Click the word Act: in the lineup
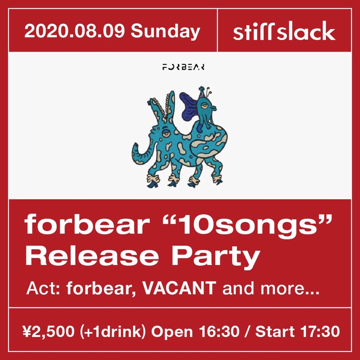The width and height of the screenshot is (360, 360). [42, 288]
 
